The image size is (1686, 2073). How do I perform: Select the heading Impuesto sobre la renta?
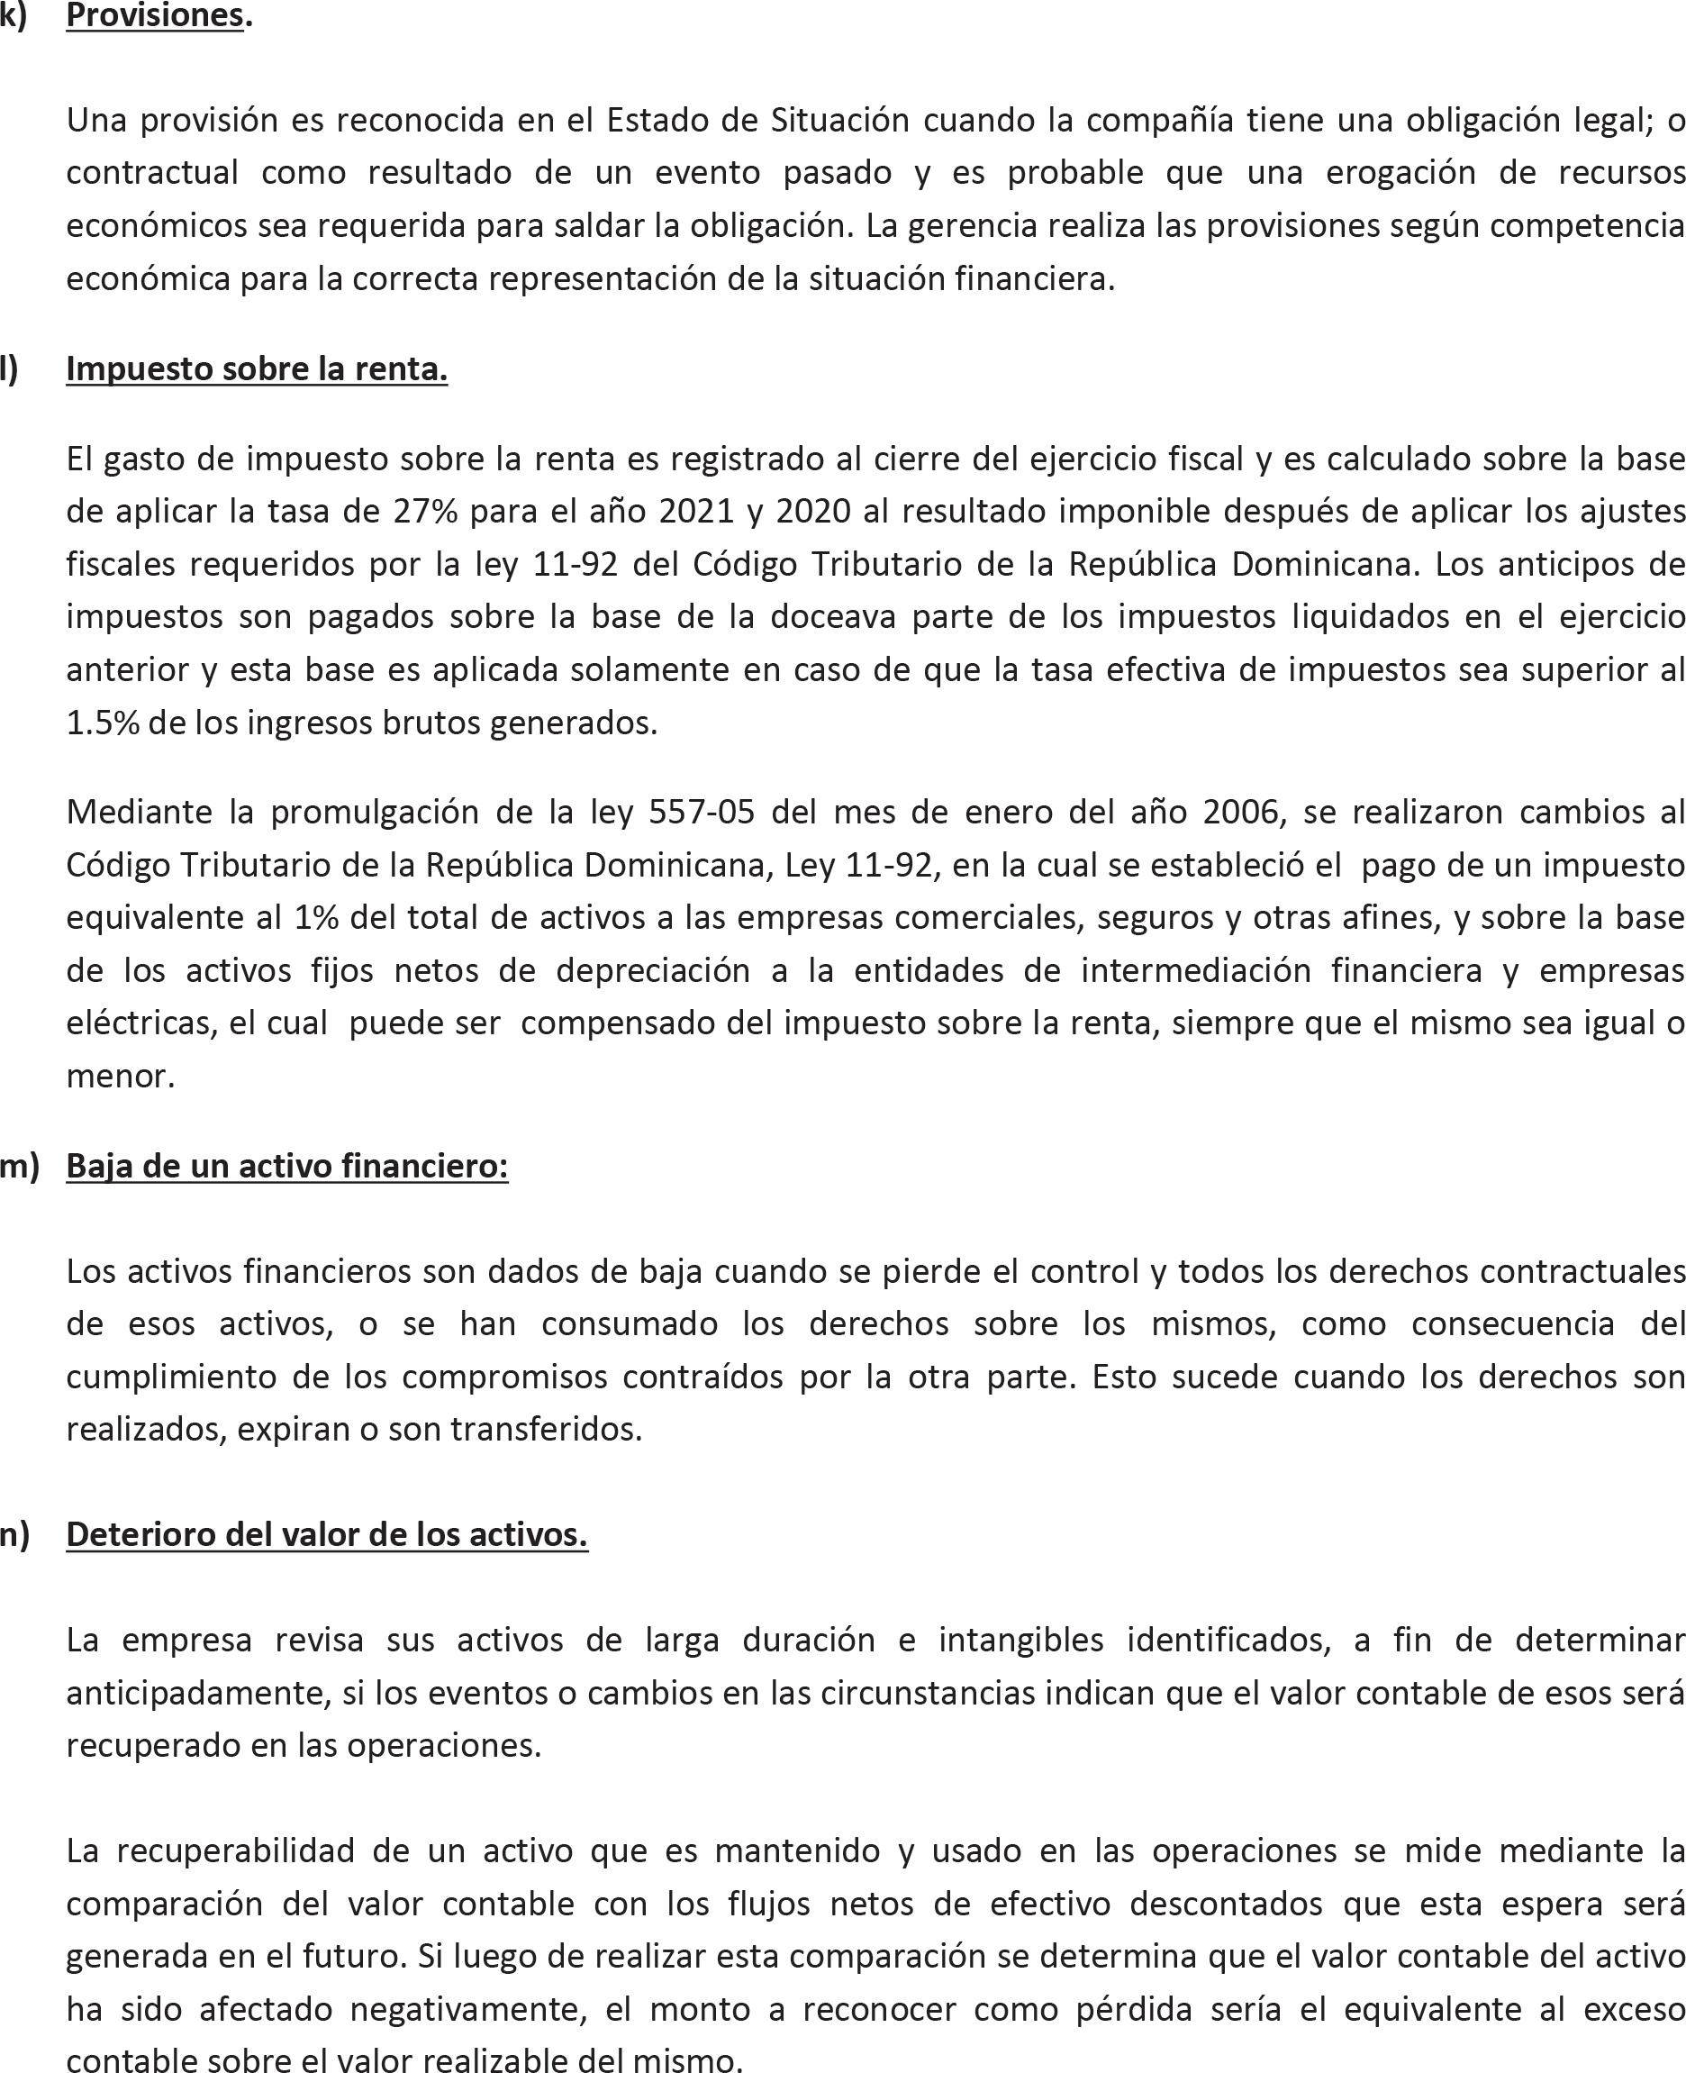point(257,368)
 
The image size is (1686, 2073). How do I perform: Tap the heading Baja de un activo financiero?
point(286,1165)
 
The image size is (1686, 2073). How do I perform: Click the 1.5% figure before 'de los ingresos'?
point(102,723)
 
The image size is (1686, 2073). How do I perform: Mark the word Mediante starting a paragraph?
point(139,811)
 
